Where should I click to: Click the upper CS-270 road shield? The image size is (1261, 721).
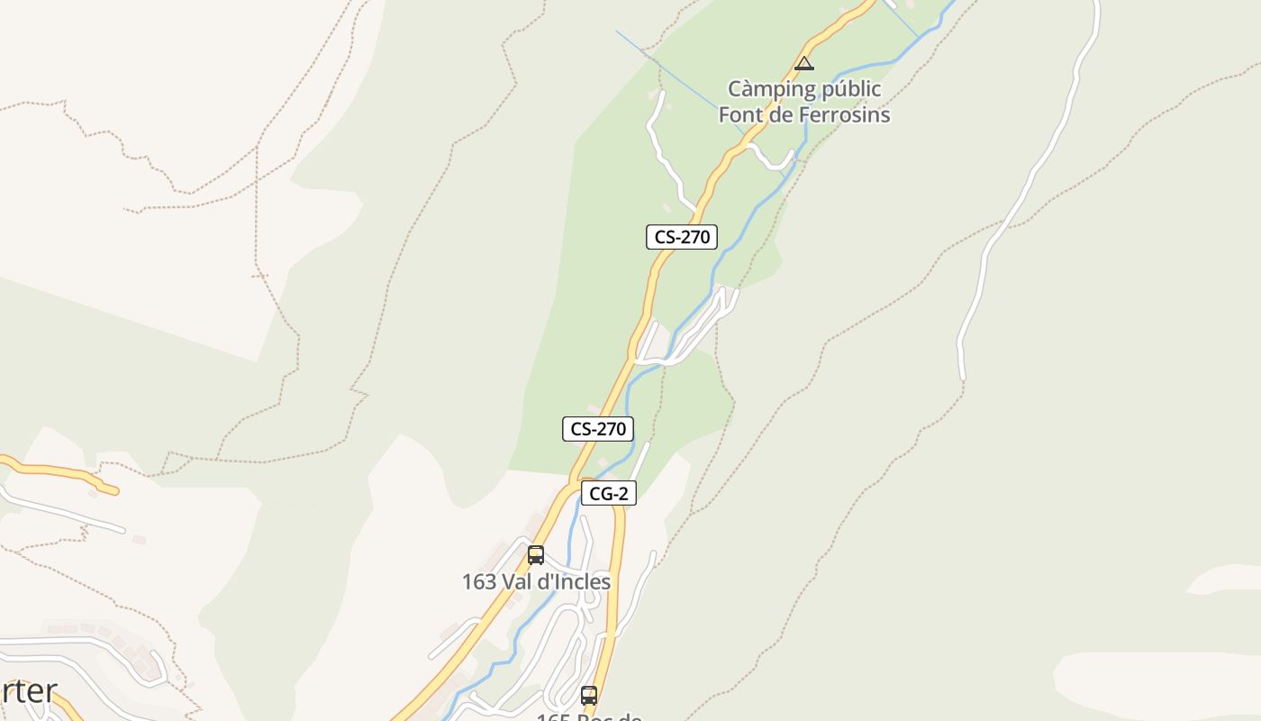682,237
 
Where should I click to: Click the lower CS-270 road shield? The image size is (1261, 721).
598,429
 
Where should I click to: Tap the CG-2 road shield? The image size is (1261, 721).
609,493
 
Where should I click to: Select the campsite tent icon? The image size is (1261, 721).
804,63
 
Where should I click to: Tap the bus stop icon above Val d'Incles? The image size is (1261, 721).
536,554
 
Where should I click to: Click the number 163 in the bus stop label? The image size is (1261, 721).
478,582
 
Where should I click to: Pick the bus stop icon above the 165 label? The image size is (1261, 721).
589,696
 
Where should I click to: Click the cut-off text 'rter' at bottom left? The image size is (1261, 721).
29,692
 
